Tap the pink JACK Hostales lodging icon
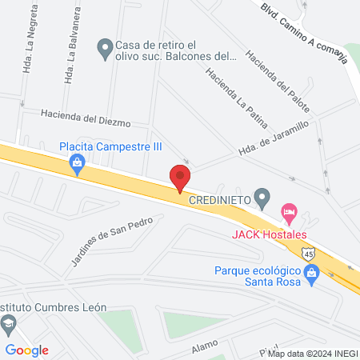pyautogui.click(x=289, y=214)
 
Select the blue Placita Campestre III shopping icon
pyautogui.click(x=78, y=165)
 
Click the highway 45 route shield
pyautogui.click(x=309, y=254)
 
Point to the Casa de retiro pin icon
pyautogui.click(x=104, y=50)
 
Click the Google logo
pyautogui.click(x=27, y=350)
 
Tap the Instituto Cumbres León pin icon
pyautogui.click(x=9, y=324)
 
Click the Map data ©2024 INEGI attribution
pyautogui.click(x=313, y=354)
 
